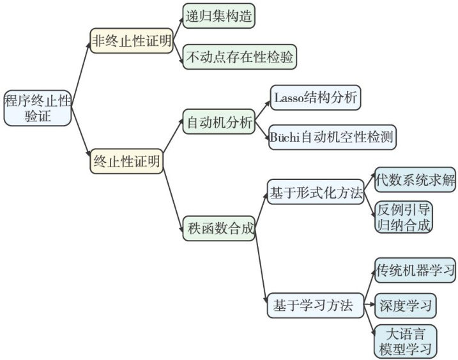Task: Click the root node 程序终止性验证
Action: pos(36,107)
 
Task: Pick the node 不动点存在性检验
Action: pos(240,57)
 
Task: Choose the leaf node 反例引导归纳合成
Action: pos(404,217)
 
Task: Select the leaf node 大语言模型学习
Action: pos(404,341)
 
